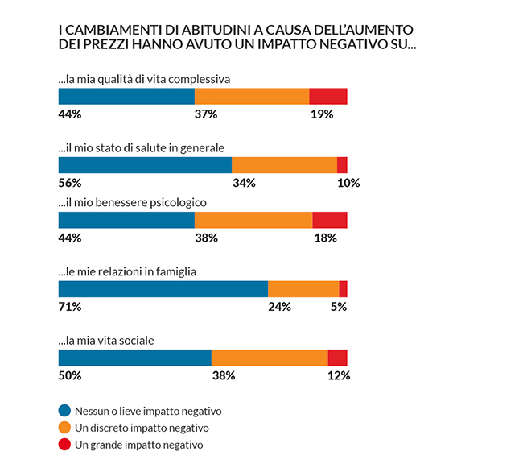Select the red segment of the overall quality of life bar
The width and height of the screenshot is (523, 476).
(327, 96)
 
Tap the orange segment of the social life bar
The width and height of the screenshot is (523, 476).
(270, 358)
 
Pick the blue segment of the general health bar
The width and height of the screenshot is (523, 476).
(145, 165)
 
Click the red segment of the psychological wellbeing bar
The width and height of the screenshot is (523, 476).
(329, 220)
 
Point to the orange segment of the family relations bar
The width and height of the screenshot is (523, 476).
(303, 289)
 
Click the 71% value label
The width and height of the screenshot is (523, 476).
(70, 307)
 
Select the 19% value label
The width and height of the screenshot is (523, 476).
(322, 114)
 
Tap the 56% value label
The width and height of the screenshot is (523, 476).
(70, 183)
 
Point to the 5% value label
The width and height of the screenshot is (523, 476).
(339, 307)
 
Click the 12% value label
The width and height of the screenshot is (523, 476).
(339, 375)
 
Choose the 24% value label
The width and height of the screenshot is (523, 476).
(279, 307)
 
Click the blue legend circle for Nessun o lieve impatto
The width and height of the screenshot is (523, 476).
(65, 410)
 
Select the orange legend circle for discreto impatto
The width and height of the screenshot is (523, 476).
(65, 428)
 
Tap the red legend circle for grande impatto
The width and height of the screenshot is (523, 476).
(65, 445)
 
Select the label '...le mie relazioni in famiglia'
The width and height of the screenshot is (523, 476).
(127, 271)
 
